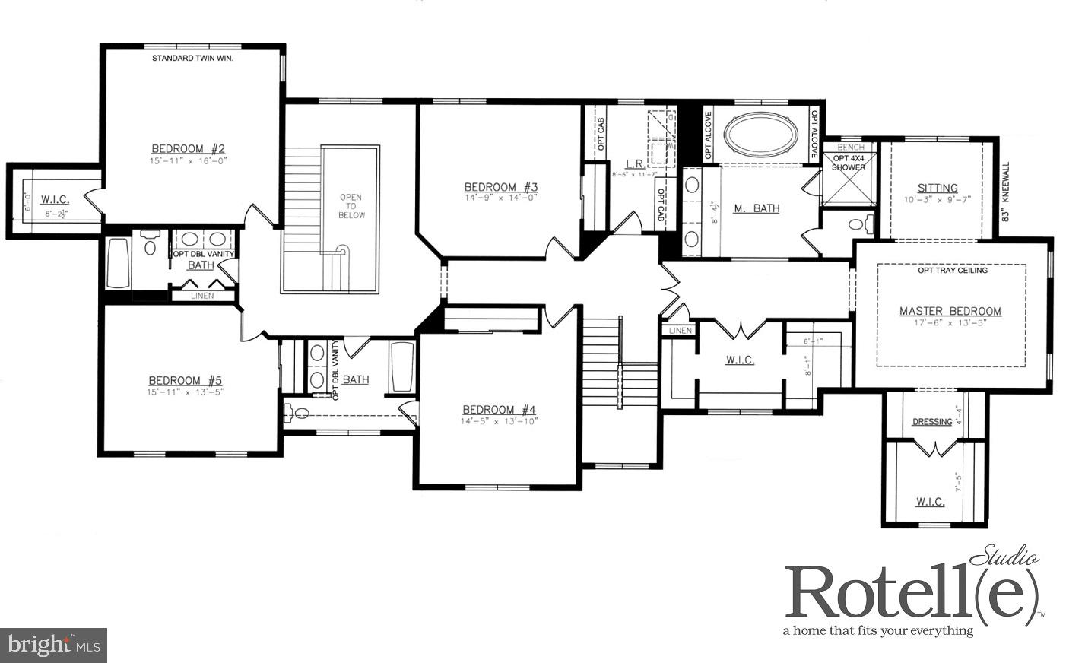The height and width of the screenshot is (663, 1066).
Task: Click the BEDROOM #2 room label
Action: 188,148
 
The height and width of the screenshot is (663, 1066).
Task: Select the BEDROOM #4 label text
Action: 499,409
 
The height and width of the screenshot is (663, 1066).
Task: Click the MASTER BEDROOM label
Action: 950,311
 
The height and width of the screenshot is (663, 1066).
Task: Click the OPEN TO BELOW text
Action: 351,206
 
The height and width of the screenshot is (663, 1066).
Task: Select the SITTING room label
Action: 938,188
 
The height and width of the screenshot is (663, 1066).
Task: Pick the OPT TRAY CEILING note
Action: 953,271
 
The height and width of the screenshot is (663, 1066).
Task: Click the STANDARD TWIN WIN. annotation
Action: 192,58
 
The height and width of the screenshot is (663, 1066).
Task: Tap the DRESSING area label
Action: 931,422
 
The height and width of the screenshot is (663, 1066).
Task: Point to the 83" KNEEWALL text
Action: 1005,192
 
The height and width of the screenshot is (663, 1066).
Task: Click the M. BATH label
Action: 756,208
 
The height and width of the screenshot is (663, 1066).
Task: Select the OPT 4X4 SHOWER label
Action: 849,163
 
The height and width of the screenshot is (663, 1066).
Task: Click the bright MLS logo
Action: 53,646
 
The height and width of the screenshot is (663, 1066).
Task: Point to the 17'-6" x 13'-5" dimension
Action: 950,322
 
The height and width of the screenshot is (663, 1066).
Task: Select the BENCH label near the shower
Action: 850,147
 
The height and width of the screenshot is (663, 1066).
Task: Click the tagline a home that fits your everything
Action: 878,630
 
